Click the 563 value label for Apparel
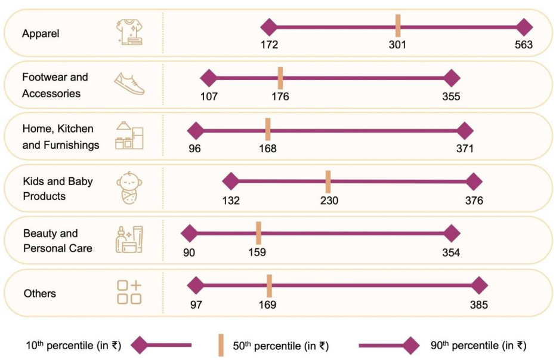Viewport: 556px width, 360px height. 524,45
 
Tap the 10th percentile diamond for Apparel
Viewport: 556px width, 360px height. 269,27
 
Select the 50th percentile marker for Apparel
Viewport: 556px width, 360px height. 397,27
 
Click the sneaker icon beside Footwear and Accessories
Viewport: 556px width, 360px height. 129,84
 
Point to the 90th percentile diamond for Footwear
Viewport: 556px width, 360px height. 452,78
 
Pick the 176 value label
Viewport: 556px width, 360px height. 280,96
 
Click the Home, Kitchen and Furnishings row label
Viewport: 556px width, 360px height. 60,137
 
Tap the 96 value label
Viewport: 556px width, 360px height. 194,149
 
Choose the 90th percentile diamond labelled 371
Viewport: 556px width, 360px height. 464,131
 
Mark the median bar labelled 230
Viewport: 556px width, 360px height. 328,181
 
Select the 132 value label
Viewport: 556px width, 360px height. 230,201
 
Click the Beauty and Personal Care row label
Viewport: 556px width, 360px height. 58,240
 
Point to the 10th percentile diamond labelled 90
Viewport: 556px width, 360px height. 189,234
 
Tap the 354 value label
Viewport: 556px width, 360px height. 451,253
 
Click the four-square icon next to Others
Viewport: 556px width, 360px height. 129,292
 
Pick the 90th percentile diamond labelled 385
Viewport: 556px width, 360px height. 478,286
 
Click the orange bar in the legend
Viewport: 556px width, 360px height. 221,345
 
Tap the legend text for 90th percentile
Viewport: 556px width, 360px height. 478,345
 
